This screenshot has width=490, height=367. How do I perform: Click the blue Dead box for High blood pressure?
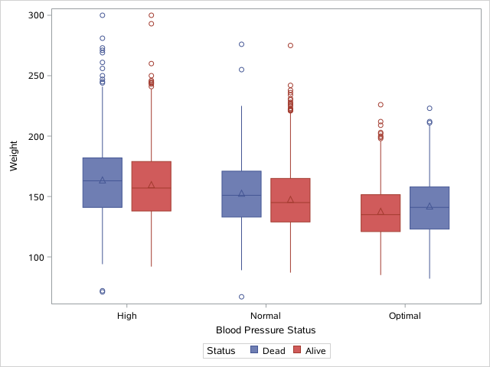point(102,182)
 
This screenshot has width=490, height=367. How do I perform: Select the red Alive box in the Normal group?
point(290,200)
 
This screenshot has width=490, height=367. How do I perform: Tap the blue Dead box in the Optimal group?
point(430,207)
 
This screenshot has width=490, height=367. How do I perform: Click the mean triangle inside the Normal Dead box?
point(241,193)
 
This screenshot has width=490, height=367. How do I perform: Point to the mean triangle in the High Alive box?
point(151,185)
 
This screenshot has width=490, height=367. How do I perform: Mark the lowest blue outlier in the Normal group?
point(241,297)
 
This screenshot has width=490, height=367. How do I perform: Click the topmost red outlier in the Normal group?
point(290,46)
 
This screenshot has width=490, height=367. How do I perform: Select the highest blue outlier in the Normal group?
point(241,44)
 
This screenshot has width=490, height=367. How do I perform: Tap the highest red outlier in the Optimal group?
point(381,105)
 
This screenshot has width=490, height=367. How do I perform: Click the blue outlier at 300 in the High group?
point(102,15)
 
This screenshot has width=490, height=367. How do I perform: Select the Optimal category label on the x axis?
point(404,315)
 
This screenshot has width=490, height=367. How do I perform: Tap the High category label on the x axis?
point(126,315)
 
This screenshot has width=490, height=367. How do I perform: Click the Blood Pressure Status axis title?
point(266,330)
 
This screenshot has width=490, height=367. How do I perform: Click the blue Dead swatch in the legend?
point(254,351)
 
